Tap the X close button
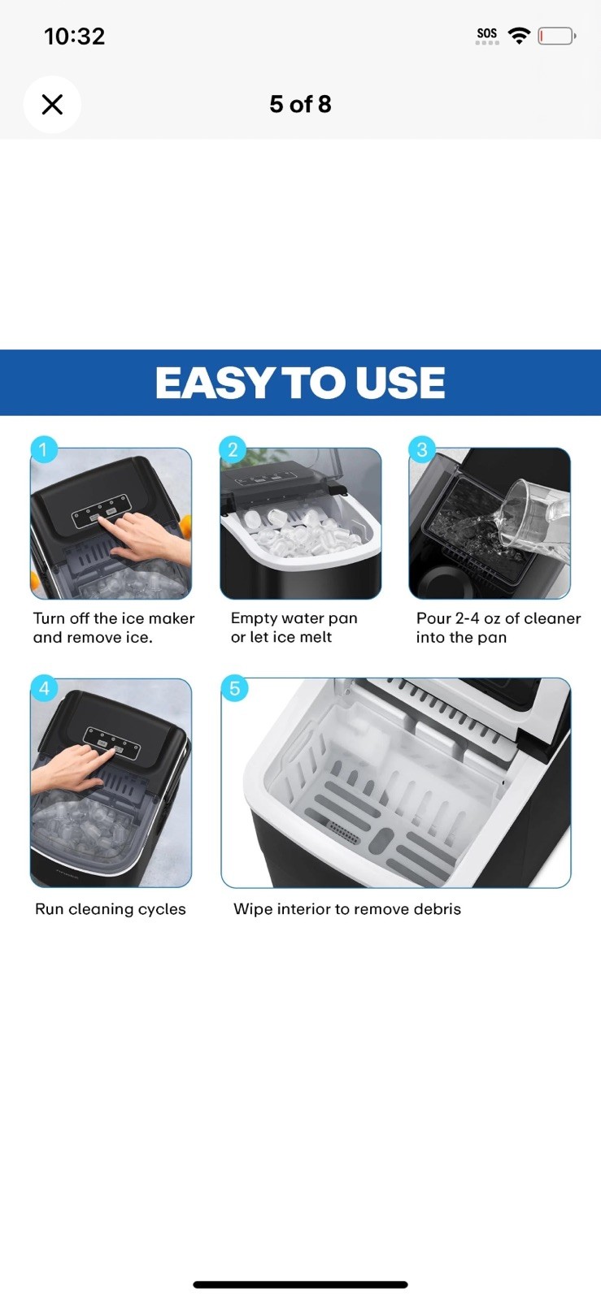click(x=52, y=105)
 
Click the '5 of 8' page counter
click(x=300, y=105)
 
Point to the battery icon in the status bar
click(x=557, y=36)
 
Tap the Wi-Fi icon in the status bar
click(x=519, y=36)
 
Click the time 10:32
click(x=74, y=37)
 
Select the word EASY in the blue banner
click(x=214, y=383)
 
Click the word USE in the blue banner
click(x=400, y=383)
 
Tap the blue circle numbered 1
click(x=44, y=450)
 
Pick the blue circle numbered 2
click(x=233, y=450)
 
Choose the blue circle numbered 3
click(x=422, y=450)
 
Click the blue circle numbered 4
click(x=44, y=689)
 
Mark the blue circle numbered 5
click(x=234, y=689)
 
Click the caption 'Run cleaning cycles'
click(x=111, y=909)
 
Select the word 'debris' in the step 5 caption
click(x=438, y=909)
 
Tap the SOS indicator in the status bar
click(x=487, y=36)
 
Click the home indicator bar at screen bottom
click(x=300, y=1285)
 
